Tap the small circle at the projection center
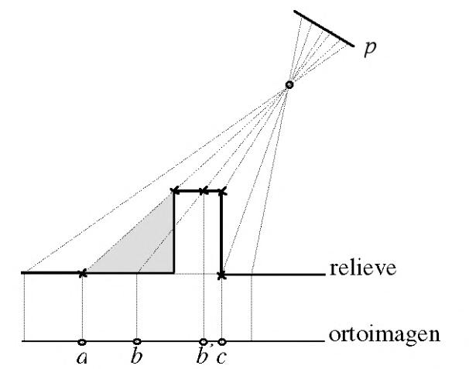point(289,84)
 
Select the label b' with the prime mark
point(204,357)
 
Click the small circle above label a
point(82,341)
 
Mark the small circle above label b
point(137,341)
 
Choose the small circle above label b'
point(204,341)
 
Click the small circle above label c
point(222,341)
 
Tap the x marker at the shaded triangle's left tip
point(83,273)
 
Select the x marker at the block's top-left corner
point(174,190)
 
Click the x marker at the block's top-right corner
point(222,190)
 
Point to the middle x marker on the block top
point(204,190)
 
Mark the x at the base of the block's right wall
point(222,275)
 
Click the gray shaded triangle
point(147,248)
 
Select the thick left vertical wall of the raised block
point(173,232)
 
